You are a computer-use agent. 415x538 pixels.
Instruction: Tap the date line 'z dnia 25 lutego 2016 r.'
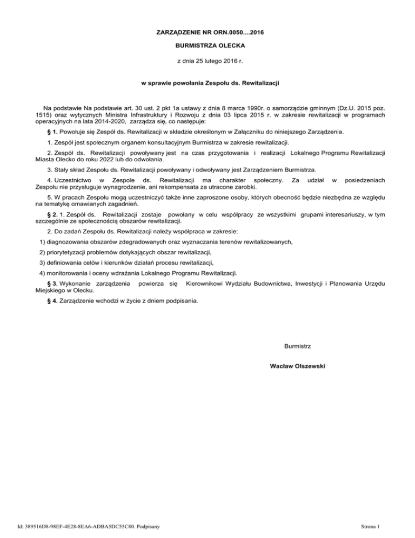(207, 62)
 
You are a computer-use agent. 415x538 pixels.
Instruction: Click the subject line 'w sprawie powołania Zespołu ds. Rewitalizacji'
(207, 84)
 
